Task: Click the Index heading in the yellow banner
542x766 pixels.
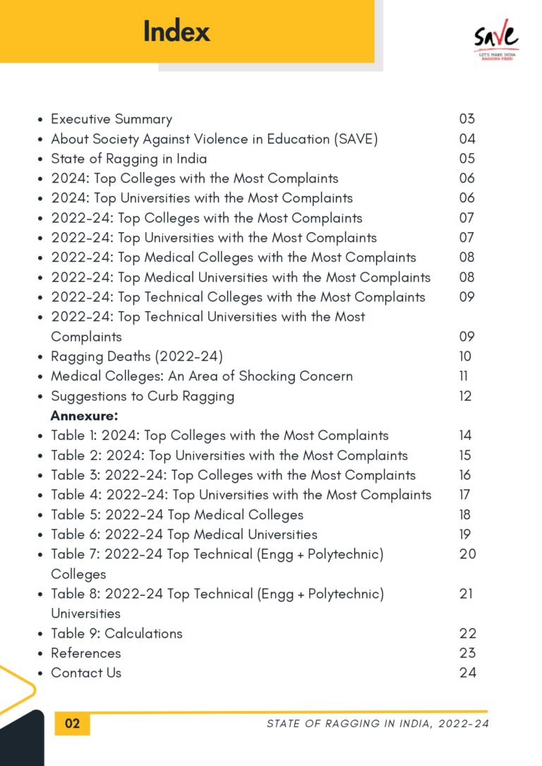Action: (x=176, y=32)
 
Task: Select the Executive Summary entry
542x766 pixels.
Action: (x=111, y=119)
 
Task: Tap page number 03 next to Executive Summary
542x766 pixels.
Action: (x=466, y=119)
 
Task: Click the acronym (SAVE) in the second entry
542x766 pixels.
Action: (x=355, y=139)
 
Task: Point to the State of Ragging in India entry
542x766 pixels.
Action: (x=128, y=159)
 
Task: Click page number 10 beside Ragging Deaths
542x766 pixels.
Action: (x=465, y=356)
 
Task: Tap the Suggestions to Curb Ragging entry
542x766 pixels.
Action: (x=142, y=396)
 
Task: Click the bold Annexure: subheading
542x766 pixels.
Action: (x=84, y=416)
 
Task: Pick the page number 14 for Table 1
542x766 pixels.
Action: (x=465, y=435)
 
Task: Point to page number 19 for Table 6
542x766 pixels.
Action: (x=465, y=534)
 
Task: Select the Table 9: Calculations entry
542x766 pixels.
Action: (x=116, y=633)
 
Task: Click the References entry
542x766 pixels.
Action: (x=85, y=652)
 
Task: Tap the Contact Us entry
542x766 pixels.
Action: (x=85, y=672)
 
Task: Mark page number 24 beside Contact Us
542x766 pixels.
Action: (x=467, y=672)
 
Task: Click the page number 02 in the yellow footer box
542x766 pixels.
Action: (x=73, y=724)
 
